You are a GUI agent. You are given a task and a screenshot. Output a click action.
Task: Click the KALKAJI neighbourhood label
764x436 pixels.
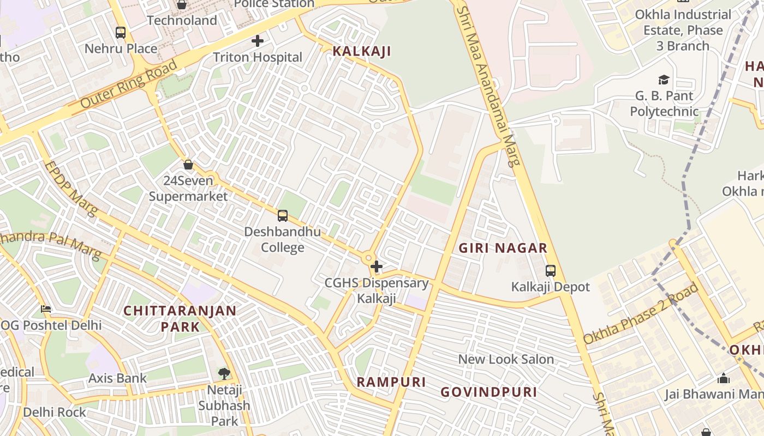[x=362, y=52]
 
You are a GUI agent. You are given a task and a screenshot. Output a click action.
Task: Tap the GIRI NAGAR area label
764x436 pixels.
[x=503, y=249]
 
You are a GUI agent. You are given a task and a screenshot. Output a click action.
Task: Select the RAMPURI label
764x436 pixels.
[x=391, y=382]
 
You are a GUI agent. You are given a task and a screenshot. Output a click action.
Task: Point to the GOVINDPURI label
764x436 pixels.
[x=489, y=392]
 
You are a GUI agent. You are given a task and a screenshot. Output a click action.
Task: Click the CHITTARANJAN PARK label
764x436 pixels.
[x=180, y=318]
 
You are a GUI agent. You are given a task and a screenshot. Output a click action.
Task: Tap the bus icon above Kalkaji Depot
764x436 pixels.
[x=551, y=271]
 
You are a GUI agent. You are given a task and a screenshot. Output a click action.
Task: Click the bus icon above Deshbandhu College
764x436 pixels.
[x=282, y=216]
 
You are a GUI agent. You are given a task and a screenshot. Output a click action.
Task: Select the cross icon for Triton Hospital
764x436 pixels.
[x=258, y=41]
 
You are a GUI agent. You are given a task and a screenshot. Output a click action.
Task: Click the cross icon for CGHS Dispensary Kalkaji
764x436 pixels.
[x=377, y=267]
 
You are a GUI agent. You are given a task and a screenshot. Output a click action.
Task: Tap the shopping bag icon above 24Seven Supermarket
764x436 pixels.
[x=188, y=164]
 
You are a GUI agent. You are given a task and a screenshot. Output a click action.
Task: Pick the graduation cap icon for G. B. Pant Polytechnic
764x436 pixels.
[x=664, y=80]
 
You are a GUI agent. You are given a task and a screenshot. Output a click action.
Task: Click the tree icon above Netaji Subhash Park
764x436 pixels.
[x=224, y=374]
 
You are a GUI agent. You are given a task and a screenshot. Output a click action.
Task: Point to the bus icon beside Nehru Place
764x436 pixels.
[x=121, y=33]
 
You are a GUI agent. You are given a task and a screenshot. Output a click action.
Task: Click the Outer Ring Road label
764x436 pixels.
[x=129, y=84]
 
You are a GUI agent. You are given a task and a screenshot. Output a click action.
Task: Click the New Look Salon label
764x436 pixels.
[x=506, y=359]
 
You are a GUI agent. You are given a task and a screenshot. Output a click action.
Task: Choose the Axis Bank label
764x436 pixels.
[x=117, y=378]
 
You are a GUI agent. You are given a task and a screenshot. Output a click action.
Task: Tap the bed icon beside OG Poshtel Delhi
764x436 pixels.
[x=46, y=309]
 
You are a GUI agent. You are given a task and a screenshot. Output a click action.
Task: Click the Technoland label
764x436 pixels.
[x=182, y=21]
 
